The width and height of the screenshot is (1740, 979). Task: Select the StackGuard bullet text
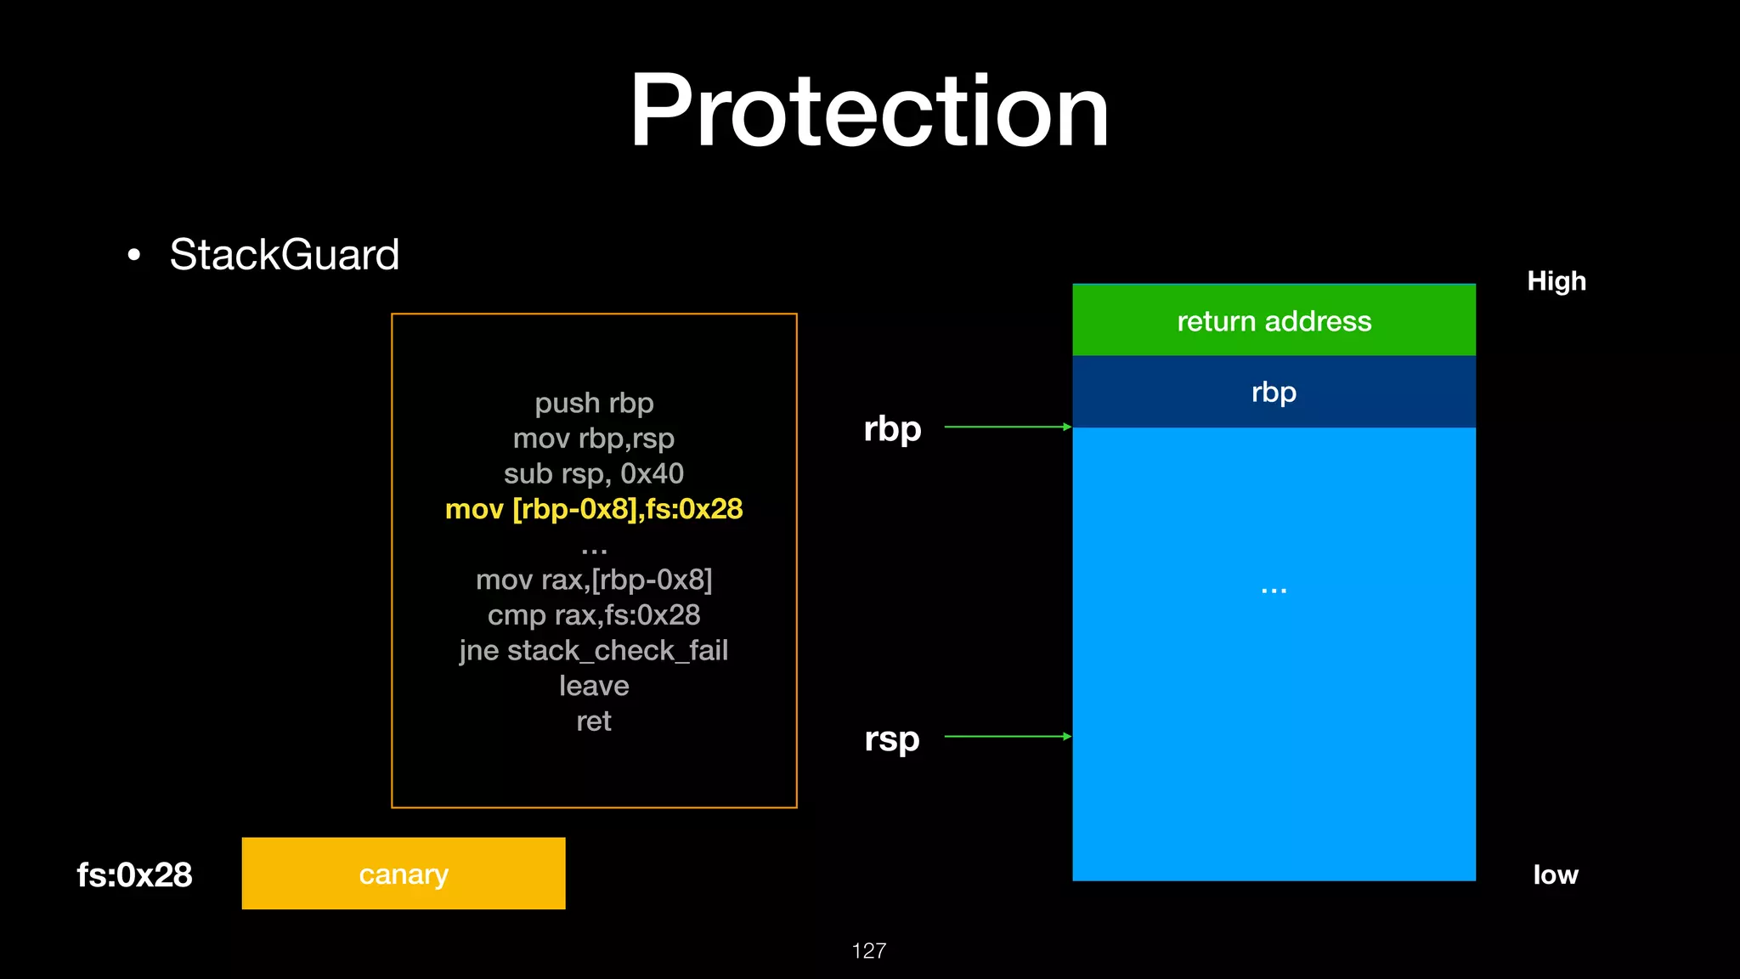(x=284, y=254)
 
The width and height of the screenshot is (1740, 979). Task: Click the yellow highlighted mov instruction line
(x=594, y=509)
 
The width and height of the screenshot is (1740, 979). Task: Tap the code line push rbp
(x=594, y=403)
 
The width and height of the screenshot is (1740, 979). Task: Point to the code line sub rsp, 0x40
(x=594, y=473)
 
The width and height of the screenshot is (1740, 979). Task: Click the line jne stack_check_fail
(x=594, y=650)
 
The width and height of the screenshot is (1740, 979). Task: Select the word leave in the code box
(x=594, y=686)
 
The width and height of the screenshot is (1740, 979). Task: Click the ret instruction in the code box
(x=594, y=722)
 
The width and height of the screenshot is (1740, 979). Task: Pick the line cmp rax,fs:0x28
(x=594, y=614)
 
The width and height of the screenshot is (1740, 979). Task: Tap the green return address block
(x=1274, y=320)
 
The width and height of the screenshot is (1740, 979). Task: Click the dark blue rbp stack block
(x=1274, y=392)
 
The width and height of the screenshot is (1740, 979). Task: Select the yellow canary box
(x=404, y=874)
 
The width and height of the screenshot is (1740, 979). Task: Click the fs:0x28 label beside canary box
(x=134, y=874)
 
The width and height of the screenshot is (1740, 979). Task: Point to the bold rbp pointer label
(x=892, y=428)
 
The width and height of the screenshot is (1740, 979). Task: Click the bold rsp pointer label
(x=892, y=738)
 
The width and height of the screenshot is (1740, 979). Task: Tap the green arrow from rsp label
(x=1008, y=736)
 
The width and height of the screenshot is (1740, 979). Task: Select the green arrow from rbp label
(x=1008, y=427)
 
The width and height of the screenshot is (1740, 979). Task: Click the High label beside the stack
(x=1556, y=281)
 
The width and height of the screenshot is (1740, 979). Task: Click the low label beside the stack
(x=1556, y=874)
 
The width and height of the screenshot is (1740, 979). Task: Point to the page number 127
(x=868, y=950)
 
